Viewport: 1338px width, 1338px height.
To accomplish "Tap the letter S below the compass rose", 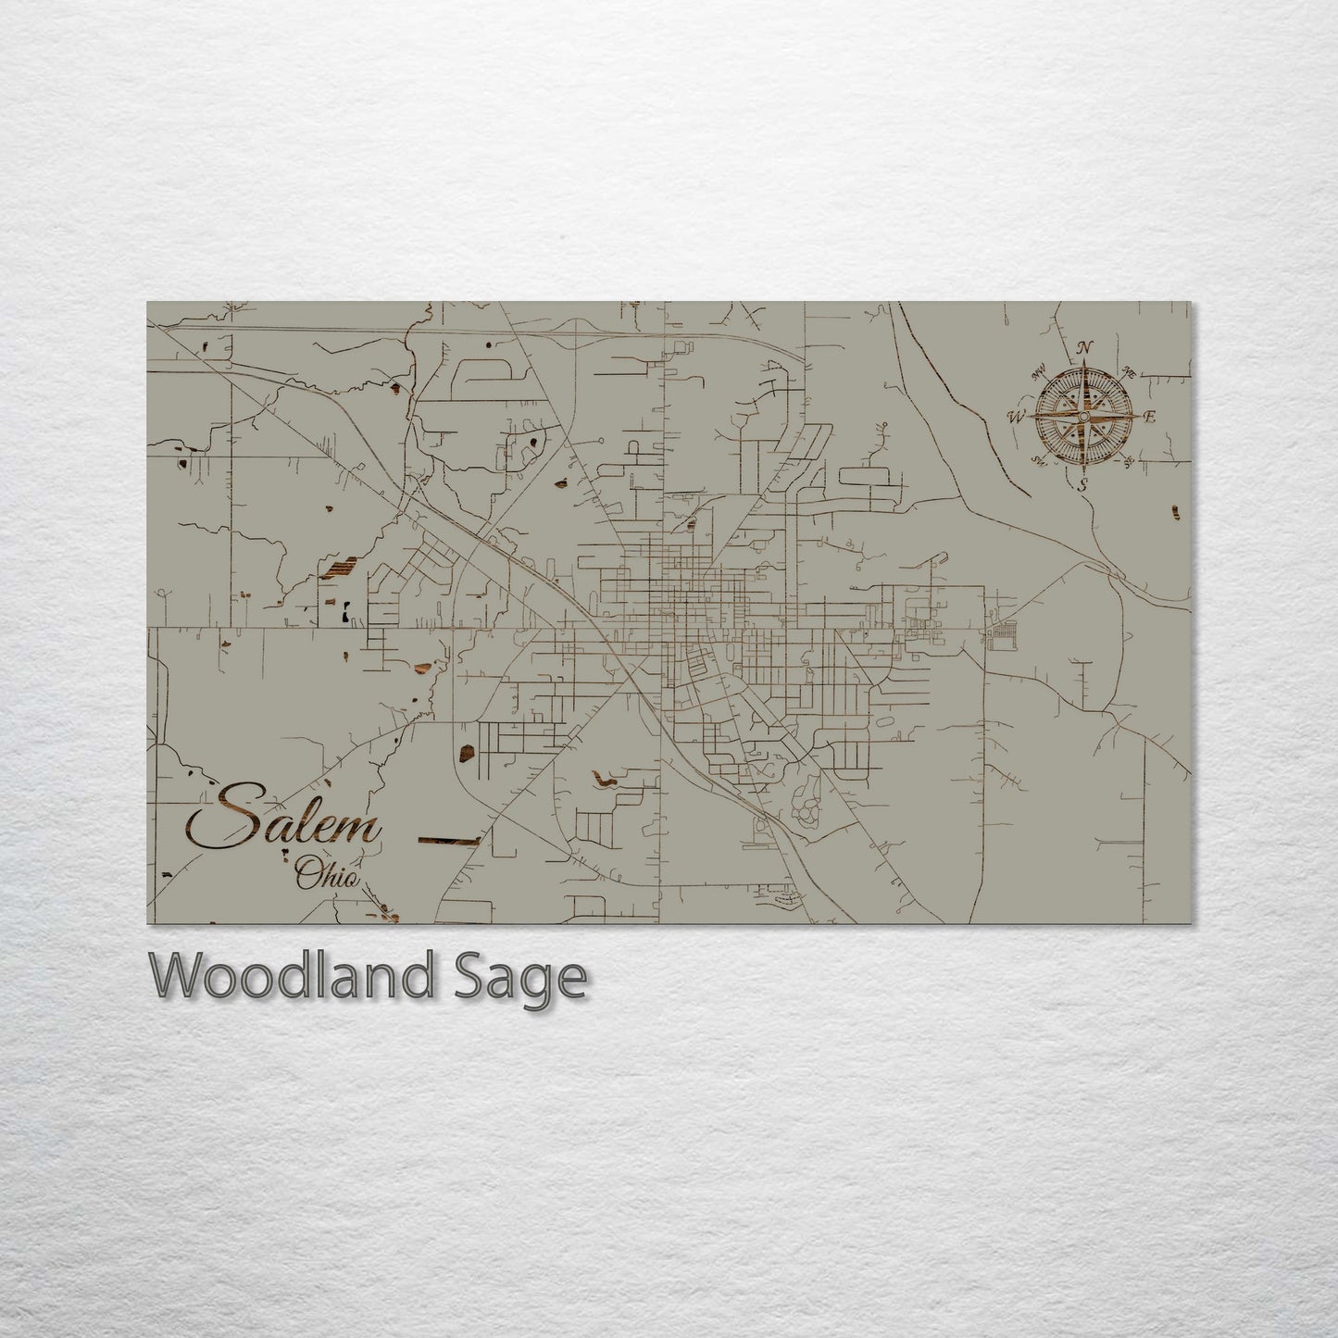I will pyautogui.click(x=1082, y=485).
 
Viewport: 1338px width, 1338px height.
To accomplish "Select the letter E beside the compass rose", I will pyautogui.click(x=1150, y=417).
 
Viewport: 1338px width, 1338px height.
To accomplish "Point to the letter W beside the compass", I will pyautogui.click(x=1016, y=417).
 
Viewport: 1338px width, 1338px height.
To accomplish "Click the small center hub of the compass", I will pyautogui.click(x=1082, y=417).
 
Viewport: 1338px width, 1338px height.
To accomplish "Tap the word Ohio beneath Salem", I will pyautogui.click(x=326, y=874).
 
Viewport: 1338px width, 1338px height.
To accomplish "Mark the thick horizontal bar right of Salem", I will pyautogui.click(x=449, y=840).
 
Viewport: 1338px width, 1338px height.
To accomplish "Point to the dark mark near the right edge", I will pyautogui.click(x=1176, y=512).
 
